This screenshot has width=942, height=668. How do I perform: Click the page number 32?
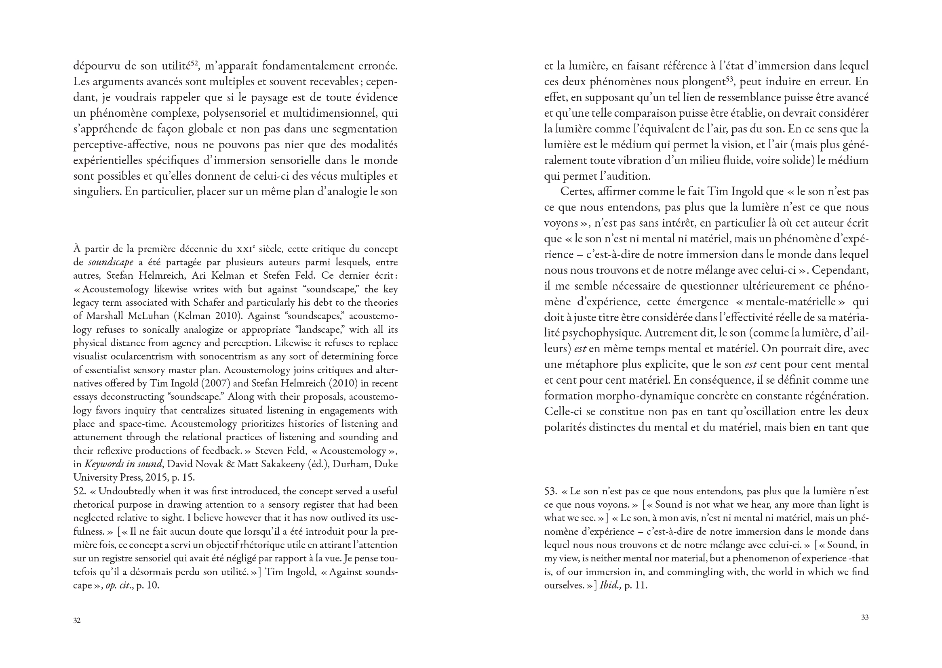point(77,621)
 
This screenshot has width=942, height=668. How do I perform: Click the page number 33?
point(865,618)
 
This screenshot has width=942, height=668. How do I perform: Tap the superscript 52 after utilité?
point(195,63)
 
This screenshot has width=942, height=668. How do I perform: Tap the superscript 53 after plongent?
point(730,79)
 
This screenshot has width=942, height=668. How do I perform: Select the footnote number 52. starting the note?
point(80,491)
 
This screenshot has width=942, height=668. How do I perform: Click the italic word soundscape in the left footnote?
point(111,263)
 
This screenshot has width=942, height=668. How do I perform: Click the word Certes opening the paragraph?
point(577,192)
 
